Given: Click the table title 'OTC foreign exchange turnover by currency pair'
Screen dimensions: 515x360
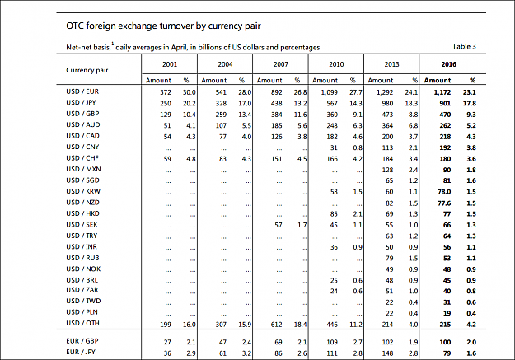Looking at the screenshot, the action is click(x=163, y=26).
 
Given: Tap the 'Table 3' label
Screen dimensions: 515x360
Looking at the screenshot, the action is click(x=464, y=46).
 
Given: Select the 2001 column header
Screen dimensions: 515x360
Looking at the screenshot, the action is click(x=170, y=64).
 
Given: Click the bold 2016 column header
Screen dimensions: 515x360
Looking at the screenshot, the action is click(x=448, y=64).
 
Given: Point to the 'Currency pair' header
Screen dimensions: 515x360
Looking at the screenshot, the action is click(x=87, y=70).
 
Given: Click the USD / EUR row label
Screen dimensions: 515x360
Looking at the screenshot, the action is click(x=82, y=91).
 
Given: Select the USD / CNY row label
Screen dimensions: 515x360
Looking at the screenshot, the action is click(x=82, y=147).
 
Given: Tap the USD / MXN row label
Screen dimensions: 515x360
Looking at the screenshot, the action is click(x=83, y=169).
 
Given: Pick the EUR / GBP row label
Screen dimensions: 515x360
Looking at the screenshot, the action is click(x=82, y=341).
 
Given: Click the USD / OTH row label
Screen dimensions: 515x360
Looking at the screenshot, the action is click(x=82, y=323).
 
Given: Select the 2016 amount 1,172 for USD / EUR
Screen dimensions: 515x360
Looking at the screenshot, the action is click(x=442, y=92).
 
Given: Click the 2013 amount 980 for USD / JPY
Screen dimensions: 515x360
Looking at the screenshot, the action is click(x=387, y=104).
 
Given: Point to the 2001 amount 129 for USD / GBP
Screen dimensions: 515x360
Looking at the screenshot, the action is click(x=166, y=115).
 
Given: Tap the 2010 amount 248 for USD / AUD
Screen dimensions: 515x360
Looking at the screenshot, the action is click(x=332, y=125).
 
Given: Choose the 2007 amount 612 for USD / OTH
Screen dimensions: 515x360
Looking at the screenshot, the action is click(x=277, y=325).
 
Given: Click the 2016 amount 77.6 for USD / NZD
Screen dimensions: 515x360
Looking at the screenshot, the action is click(x=444, y=203).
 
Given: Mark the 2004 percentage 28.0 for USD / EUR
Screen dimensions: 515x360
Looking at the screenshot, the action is click(x=245, y=92).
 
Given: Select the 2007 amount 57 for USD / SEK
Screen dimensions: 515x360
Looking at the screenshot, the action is click(x=279, y=225).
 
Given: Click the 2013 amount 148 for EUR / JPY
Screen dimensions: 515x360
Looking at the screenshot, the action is click(x=387, y=353).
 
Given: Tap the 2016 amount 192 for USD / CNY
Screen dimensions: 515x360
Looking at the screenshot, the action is click(x=445, y=147).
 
